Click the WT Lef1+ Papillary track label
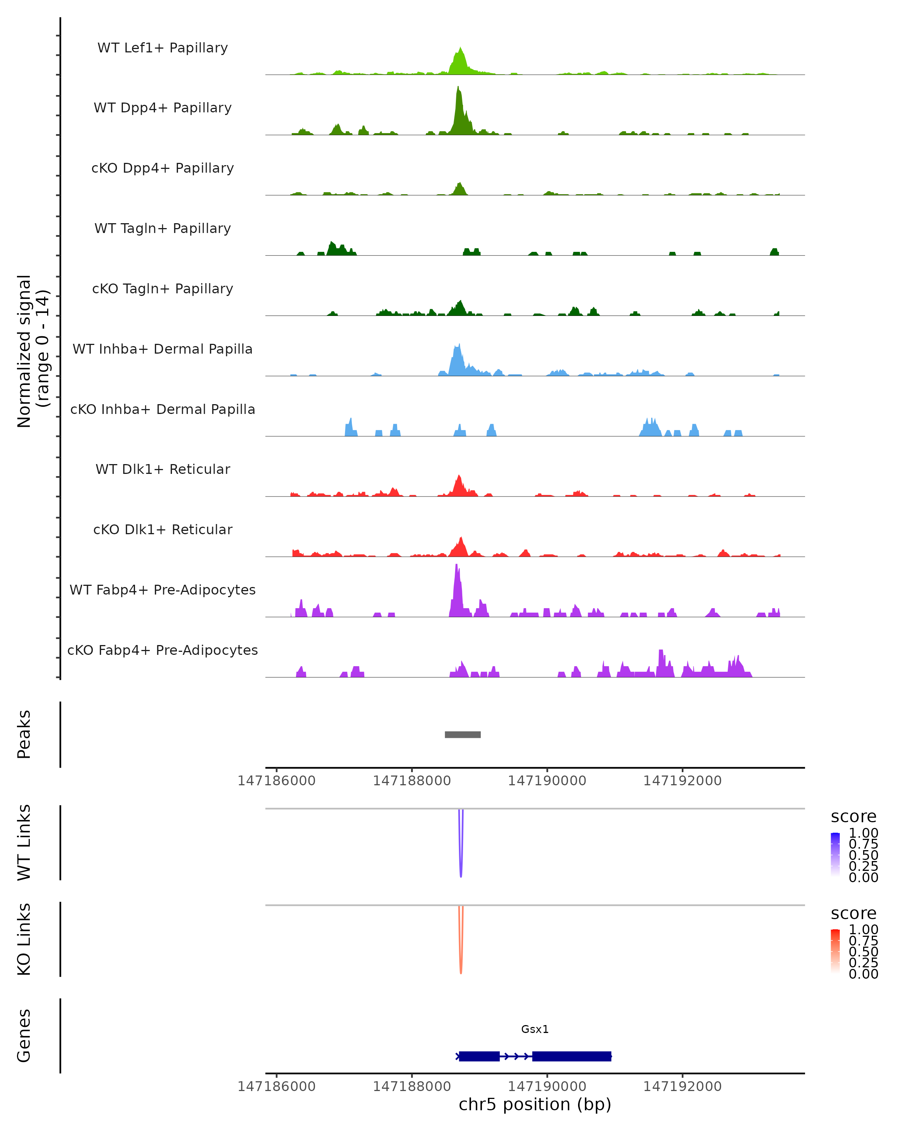[x=163, y=48]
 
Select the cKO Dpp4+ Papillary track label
[x=163, y=168]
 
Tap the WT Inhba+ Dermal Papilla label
[x=163, y=349]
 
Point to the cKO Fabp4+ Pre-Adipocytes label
[x=163, y=650]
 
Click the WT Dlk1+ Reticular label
[x=163, y=469]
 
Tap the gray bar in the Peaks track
[x=462, y=734]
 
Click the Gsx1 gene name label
[x=535, y=1029]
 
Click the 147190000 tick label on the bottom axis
[x=547, y=1086]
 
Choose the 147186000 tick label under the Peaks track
[x=276, y=781]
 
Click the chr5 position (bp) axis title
[x=535, y=1105]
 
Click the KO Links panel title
[x=24, y=939]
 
